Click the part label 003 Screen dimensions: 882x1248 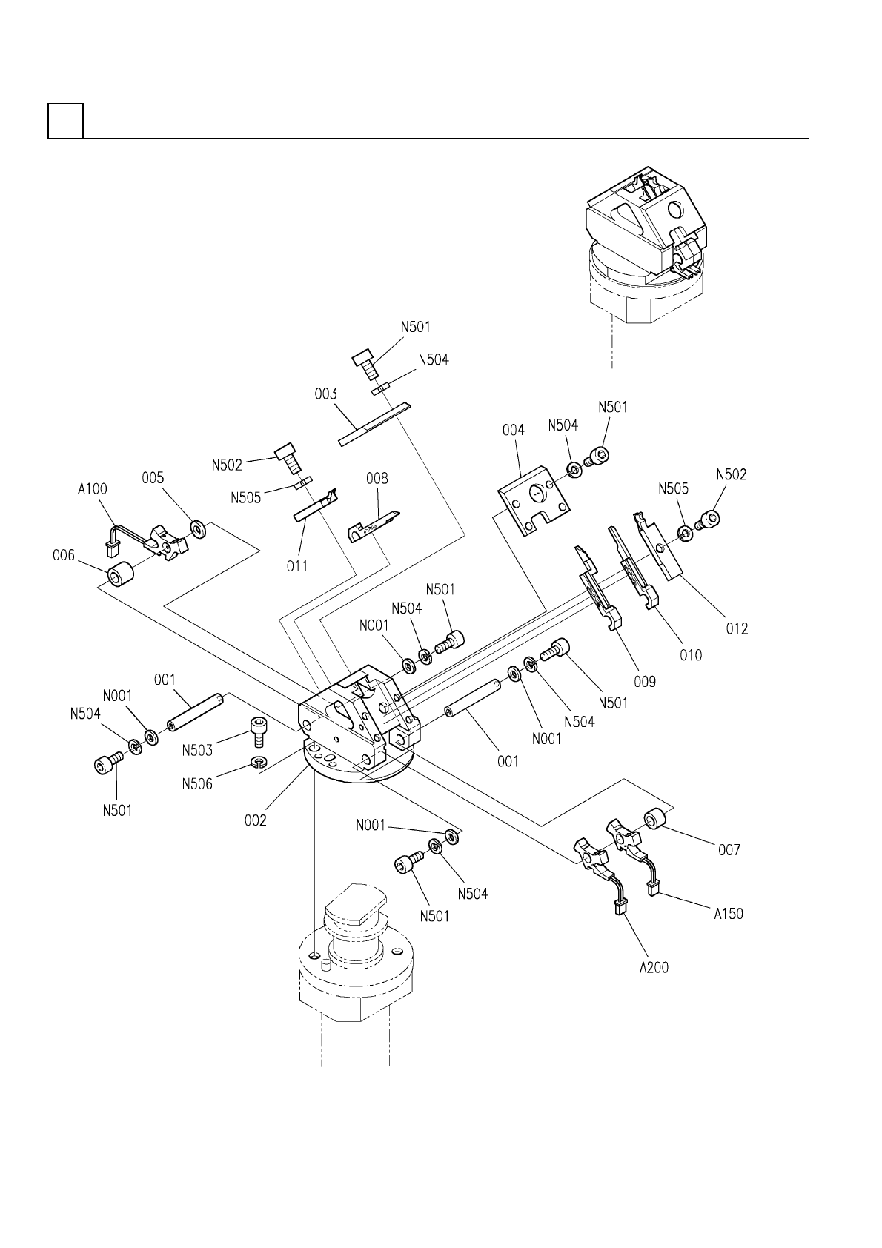point(326,394)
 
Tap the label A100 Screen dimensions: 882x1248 point(93,489)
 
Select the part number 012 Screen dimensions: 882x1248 point(737,628)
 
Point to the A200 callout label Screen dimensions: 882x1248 point(654,968)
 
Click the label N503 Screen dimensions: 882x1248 point(197,751)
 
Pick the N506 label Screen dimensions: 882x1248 point(197,784)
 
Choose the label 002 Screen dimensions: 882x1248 point(255,820)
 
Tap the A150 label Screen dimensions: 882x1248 point(729,914)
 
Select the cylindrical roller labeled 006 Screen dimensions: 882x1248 point(120,574)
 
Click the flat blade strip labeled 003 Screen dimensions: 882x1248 point(374,423)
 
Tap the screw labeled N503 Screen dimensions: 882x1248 point(257,731)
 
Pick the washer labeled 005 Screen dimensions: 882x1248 point(197,528)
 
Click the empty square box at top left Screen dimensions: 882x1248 point(66,121)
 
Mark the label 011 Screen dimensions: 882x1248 point(297,566)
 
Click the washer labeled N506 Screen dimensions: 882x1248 point(258,760)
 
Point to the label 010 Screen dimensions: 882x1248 point(691,655)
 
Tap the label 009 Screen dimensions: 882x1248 point(645,681)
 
